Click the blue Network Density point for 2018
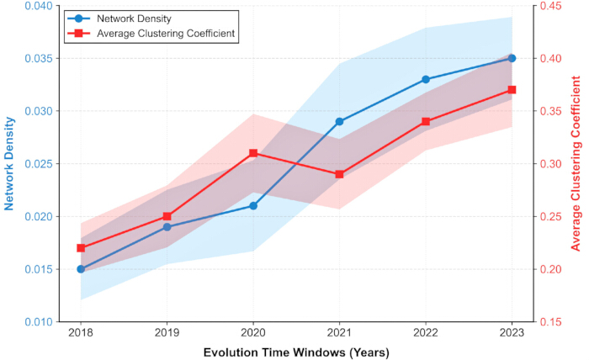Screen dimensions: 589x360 [81, 269]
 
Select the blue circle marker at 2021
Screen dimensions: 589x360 [339, 122]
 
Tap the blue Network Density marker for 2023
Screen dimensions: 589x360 [512, 58]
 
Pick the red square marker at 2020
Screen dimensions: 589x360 [253, 153]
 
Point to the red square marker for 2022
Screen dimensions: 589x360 [426, 122]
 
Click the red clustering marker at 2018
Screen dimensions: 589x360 [81, 248]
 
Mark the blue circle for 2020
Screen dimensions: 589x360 [253, 206]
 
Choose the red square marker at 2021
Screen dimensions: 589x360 [339, 174]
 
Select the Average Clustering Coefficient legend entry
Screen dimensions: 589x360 [151, 34]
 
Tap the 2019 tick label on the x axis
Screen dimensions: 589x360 [167, 333]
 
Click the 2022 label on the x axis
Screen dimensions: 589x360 [426, 333]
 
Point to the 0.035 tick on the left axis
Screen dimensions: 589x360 [39, 59]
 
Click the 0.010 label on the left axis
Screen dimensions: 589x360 [39, 322]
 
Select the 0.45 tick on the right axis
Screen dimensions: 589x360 [550, 6]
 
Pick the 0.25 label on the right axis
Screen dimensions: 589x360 [550, 217]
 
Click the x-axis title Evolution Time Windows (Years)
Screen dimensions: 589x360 [296, 353]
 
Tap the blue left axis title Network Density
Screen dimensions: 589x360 [9, 164]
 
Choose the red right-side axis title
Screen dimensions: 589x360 [576, 163]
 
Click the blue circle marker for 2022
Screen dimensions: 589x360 [426, 79]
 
